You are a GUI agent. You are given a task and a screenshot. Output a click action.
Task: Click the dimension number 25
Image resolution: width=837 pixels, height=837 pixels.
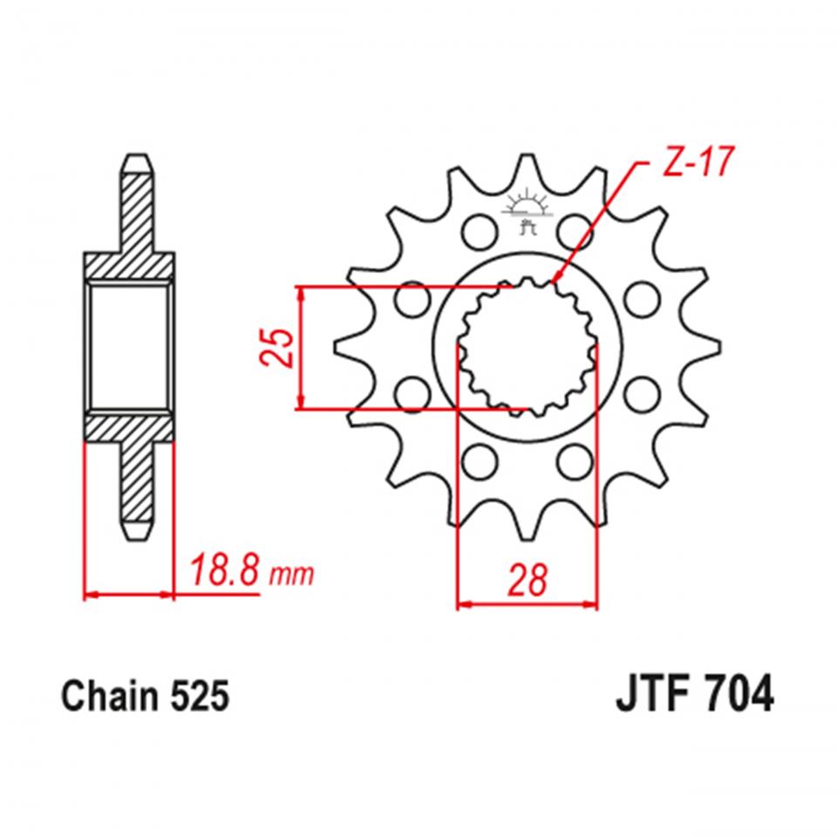click(x=278, y=348)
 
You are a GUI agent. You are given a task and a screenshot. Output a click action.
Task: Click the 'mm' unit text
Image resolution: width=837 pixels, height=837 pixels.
click(x=291, y=575)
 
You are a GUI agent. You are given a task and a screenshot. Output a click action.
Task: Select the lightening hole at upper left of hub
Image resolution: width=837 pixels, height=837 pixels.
click(x=477, y=232)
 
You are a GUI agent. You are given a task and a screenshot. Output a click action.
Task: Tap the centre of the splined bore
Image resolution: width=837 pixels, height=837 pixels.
click(x=527, y=345)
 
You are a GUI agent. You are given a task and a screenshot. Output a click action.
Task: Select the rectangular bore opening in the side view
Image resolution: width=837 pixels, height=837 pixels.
click(x=128, y=346)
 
